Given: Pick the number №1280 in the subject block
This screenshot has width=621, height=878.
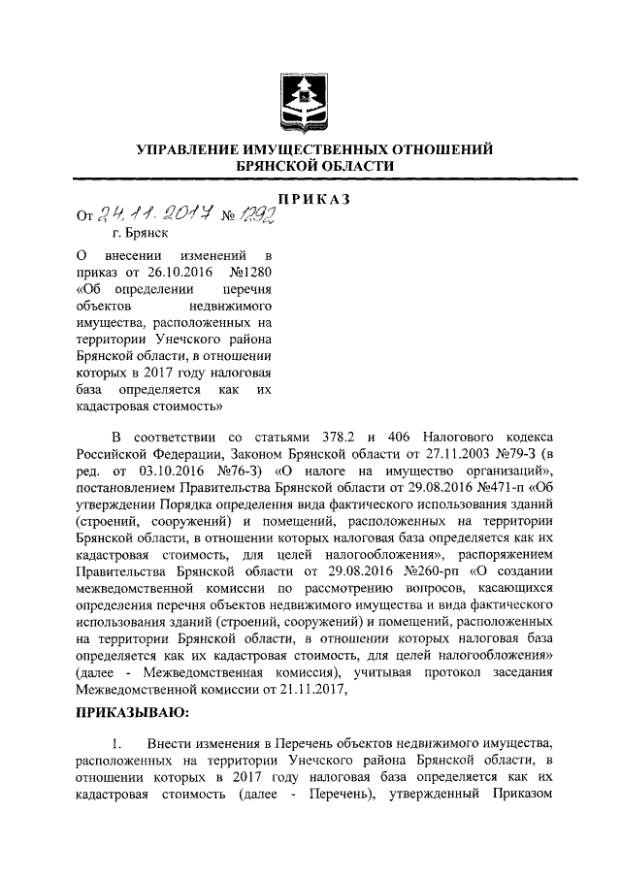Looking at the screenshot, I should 250,272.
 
